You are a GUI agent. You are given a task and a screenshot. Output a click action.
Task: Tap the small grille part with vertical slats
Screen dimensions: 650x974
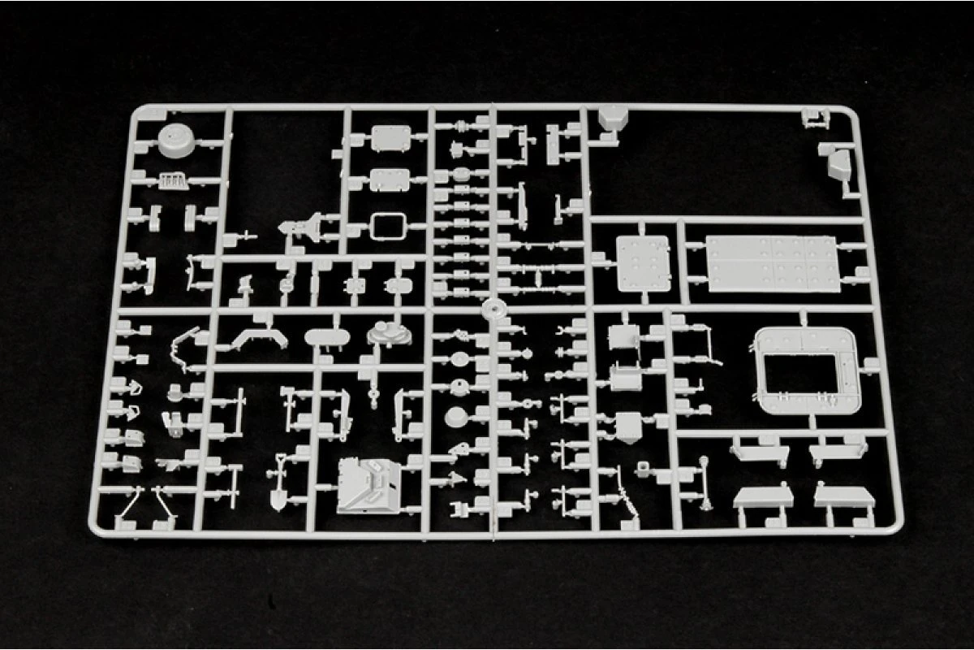pos(171,180)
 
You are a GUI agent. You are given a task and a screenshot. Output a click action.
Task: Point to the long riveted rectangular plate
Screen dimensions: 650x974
pos(771,262)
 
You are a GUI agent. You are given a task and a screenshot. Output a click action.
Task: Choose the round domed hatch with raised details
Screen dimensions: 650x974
pos(386,331)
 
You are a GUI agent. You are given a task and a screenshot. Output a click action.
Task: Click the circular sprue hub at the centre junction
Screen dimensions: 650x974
pos(492,310)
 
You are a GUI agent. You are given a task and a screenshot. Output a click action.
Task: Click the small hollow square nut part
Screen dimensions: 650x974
pos(642,469)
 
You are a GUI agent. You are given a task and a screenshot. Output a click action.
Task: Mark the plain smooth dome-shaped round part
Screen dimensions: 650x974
pos(457,416)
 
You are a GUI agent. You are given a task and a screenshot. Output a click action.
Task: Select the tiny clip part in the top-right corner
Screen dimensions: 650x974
pos(813,119)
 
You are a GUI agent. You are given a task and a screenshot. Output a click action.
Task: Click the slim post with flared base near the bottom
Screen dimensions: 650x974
pos(704,484)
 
